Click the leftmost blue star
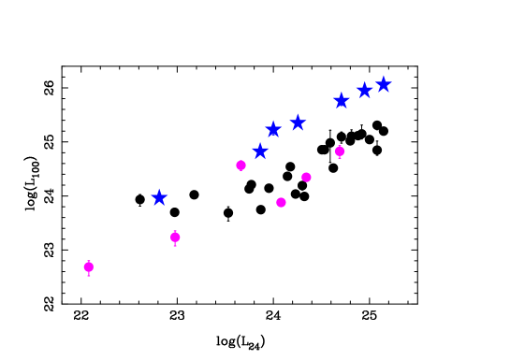(x=159, y=197)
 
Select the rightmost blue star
(x=384, y=85)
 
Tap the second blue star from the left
(x=260, y=151)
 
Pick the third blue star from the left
(x=273, y=129)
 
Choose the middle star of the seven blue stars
(x=298, y=122)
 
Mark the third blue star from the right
(x=342, y=100)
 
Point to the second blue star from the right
(x=365, y=91)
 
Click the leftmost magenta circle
(x=89, y=266)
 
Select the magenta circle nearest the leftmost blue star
(x=175, y=238)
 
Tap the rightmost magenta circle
(x=340, y=151)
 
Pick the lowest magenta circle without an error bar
(x=281, y=202)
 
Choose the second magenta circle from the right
(x=306, y=177)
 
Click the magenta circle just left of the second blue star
(x=240, y=166)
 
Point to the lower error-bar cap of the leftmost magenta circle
(x=89, y=276)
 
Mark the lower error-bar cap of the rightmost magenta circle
(x=340, y=158)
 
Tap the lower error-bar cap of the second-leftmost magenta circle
(x=175, y=246)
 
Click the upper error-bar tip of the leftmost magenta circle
(x=89, y=260)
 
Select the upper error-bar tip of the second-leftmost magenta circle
(x=175, y=230)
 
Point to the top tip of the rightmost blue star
(x=384, y=77)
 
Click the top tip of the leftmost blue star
(x=159, y=189)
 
